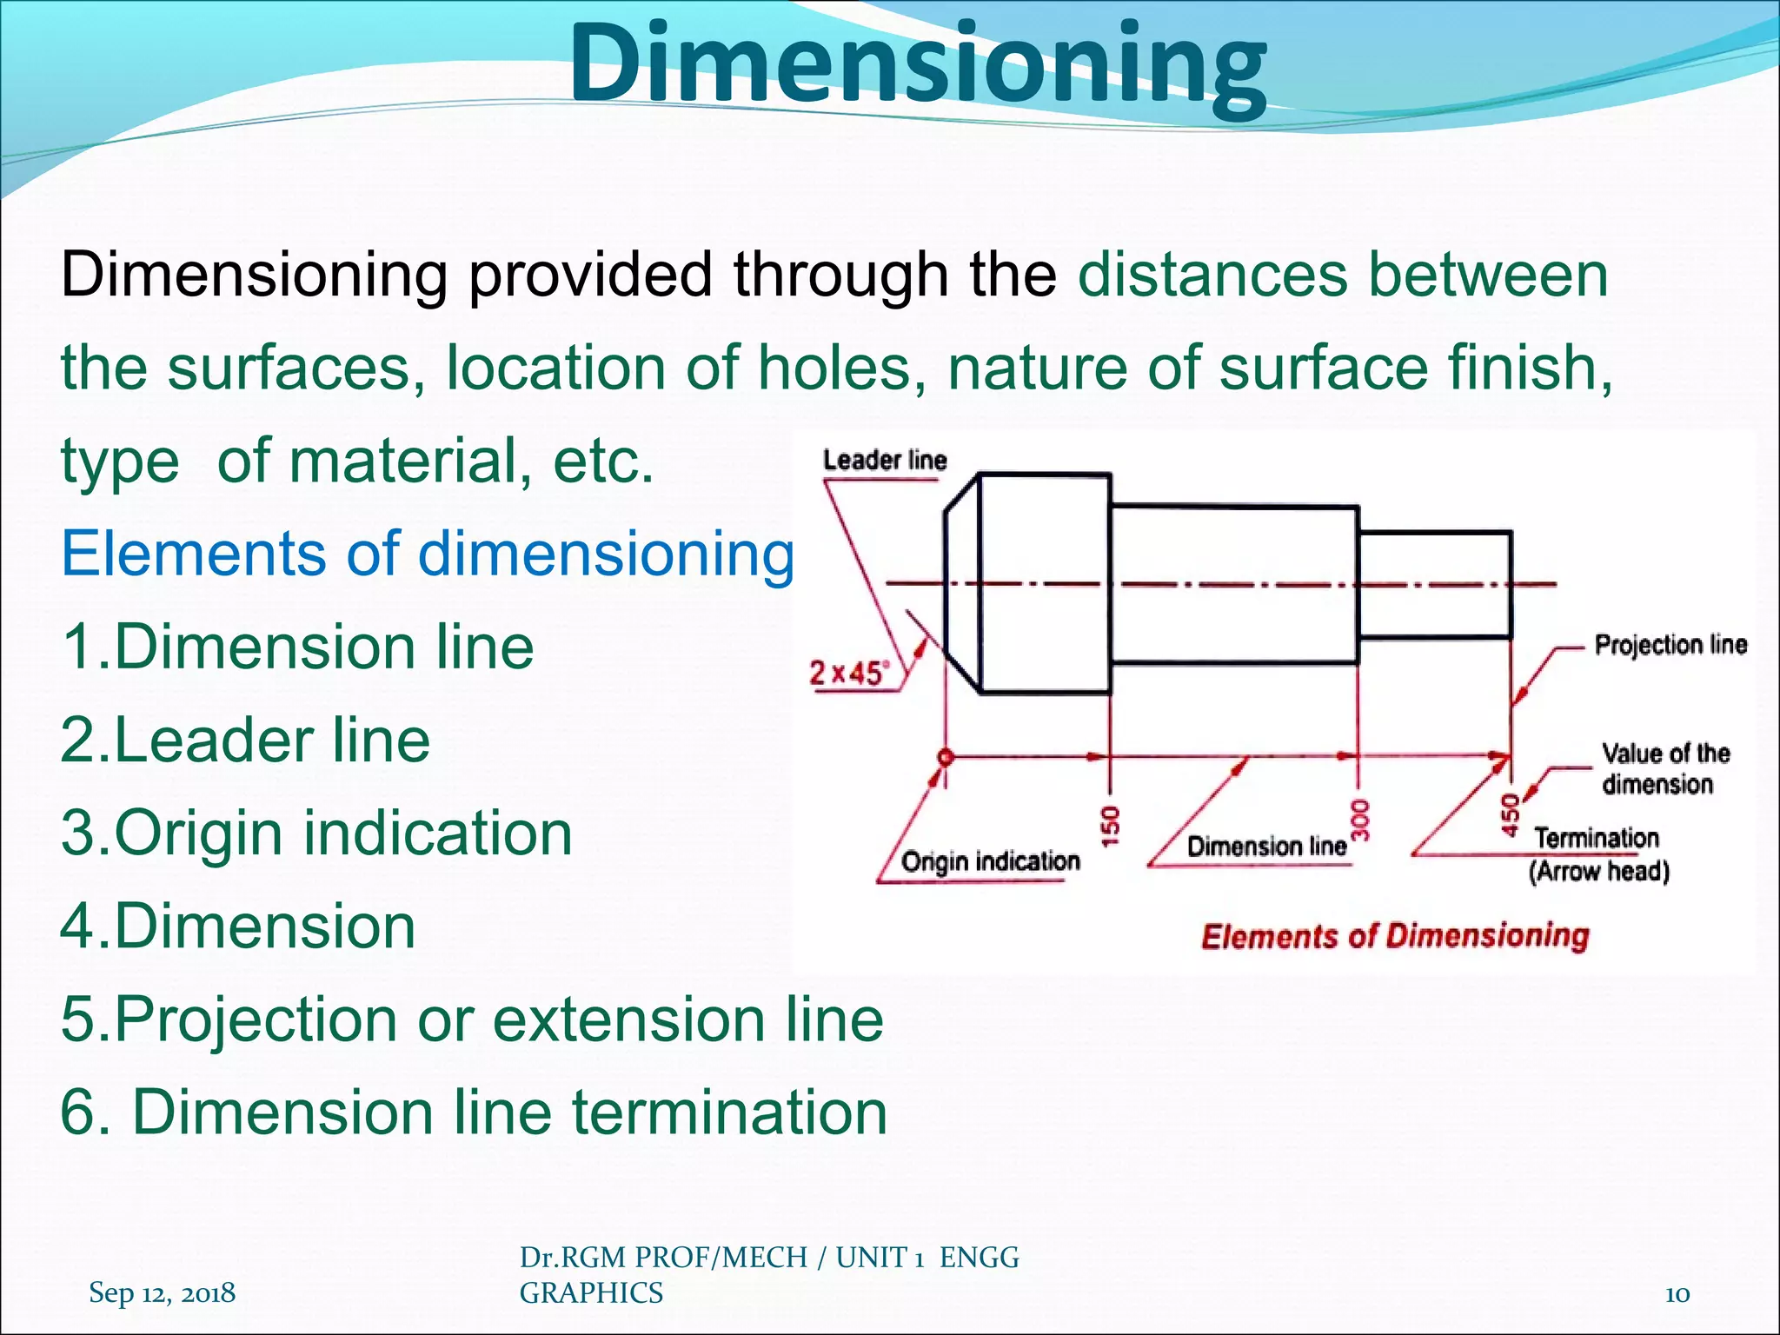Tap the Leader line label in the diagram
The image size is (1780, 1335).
(884, 460)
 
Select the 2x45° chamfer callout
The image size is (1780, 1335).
(849, 673)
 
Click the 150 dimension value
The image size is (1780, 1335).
(1111, 825)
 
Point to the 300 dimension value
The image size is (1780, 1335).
(1361, 820)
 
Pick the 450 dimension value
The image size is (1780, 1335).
(1511, 815)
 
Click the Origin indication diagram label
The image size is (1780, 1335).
(990, 861)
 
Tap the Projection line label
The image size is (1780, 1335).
(1670, 645)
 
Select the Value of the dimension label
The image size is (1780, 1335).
(1664, 768)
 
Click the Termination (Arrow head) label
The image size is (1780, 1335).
(1597, 854)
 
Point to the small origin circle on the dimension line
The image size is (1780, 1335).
(946, 757)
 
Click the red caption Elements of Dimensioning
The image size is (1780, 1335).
(1394, 936)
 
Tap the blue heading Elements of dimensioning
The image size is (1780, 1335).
(428, 554)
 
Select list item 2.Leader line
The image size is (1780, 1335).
(245, 741)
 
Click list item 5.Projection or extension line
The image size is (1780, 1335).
(472, 1019)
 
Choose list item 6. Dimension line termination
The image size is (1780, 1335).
(474, 1112)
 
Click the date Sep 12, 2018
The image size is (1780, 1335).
(162, 1292)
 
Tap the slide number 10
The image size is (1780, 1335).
(1677, 1294)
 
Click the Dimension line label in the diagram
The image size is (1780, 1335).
(1266, 847)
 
